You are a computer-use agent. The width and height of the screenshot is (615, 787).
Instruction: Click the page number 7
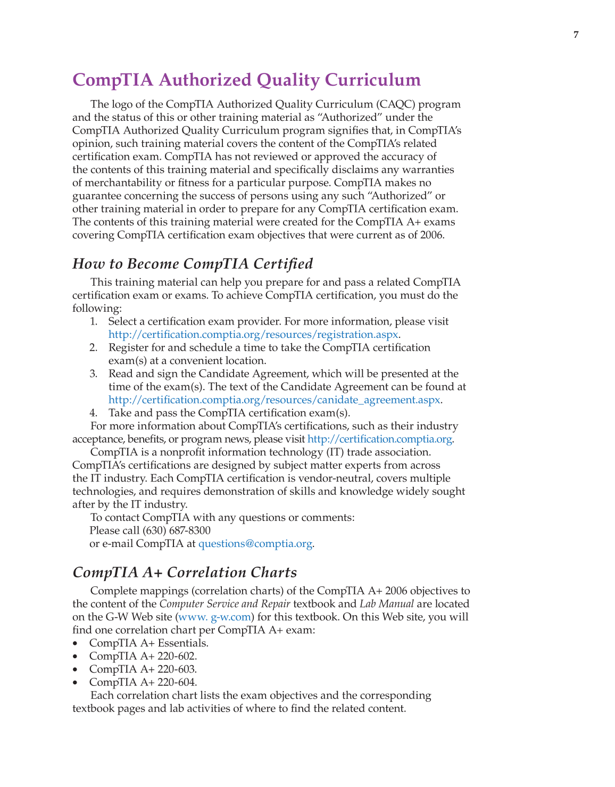tap(576, 35)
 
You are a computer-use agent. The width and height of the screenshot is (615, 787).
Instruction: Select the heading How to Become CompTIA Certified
tap(193, 264)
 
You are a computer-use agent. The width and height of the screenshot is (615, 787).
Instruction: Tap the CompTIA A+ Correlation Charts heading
tap(185, 573)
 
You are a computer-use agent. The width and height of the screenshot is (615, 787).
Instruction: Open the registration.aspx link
tap(253, 335)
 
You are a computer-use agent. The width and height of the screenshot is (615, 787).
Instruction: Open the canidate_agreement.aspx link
tap(274, 400)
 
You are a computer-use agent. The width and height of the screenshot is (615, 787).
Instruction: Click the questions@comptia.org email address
tap(255, 544)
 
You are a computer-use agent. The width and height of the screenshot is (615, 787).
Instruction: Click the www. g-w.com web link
tap(214, 617)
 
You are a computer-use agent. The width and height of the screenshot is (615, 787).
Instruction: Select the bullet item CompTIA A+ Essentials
tap(148, 643)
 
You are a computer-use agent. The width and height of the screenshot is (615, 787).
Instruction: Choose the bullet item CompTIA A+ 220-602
tap(143, 656)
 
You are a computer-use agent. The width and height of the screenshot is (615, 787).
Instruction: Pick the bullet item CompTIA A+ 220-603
tap(143, 669)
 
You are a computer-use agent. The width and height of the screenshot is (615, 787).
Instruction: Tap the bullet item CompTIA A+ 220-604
tap(143, 682)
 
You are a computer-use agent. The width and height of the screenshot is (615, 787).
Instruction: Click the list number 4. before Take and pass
tap(94, 413)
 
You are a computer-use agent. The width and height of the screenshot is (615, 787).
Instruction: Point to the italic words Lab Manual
tap(386, 604)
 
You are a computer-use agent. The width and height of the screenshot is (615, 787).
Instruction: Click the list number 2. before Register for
tap(94, 348)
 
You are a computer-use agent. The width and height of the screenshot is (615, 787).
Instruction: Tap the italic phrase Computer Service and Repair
tap(225, 604)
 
